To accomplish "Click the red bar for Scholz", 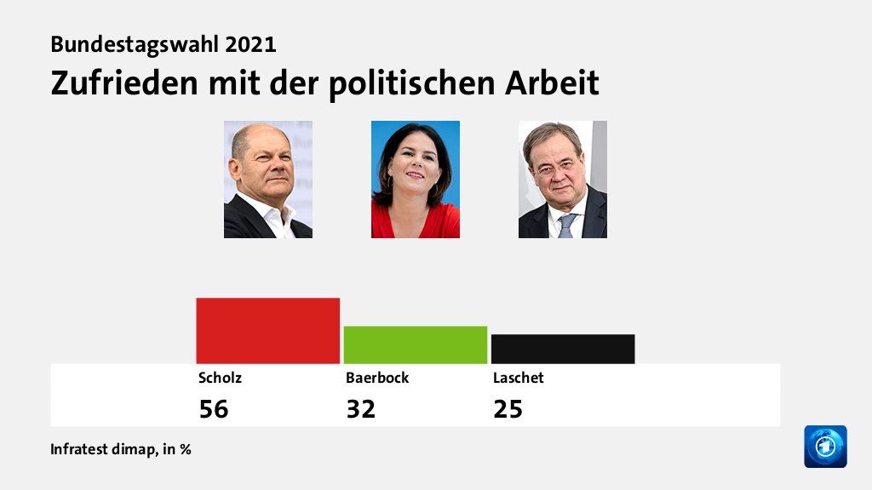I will click(267, 331).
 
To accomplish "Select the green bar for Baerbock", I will click(415, 345).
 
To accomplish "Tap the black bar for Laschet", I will click(562, 349).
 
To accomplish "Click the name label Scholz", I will click(214, 378).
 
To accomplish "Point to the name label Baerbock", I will click(376, 378).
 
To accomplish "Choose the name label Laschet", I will click(518, 378).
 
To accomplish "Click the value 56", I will click(214, 409).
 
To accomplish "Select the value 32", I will click(360, 409).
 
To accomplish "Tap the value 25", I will click(508, 409).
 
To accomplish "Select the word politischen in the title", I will click(414, 83).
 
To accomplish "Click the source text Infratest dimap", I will click(102, 449).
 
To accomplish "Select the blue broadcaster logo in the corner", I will click(825, 447).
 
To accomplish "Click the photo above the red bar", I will click(267, 179).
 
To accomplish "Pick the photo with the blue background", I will click(415, 179).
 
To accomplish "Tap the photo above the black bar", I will click(562, 179).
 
